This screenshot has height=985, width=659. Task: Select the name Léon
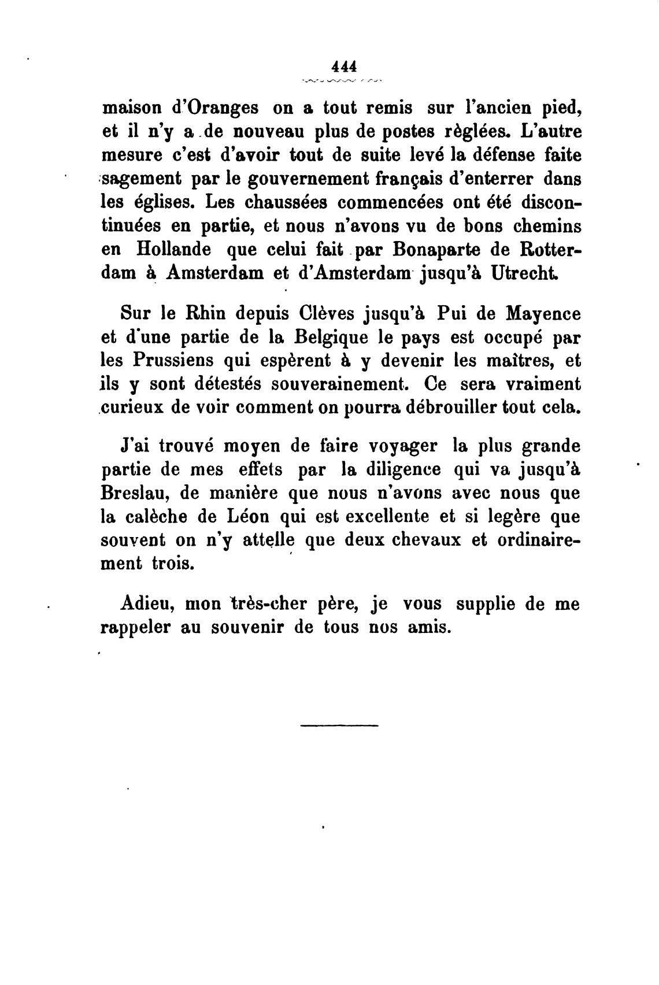(245, 517)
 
